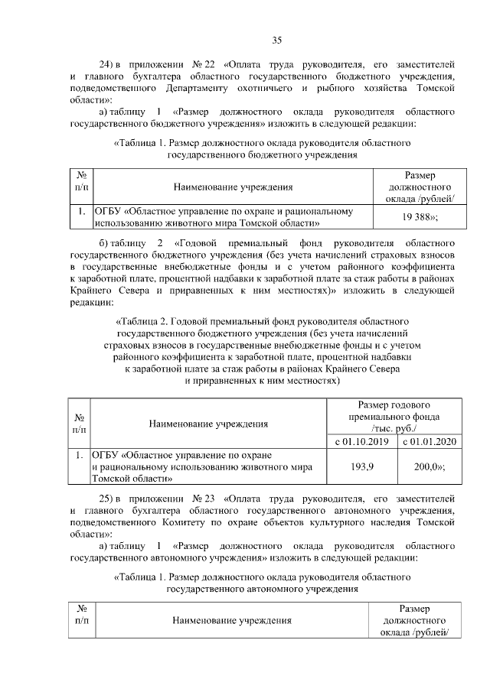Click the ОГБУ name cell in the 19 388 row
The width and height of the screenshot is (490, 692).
pyautogui.click(x=230, y=217)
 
